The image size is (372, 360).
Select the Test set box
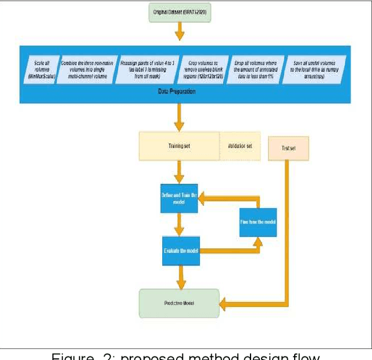(x=288, y=148)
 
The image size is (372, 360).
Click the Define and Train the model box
(x=179, y=199)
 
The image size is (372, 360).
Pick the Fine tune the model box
(x=258, y=222)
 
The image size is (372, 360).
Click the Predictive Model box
(x=179, y=303)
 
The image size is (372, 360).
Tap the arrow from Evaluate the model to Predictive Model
(x=182, y=277)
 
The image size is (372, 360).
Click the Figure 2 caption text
(x=186, y=355)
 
